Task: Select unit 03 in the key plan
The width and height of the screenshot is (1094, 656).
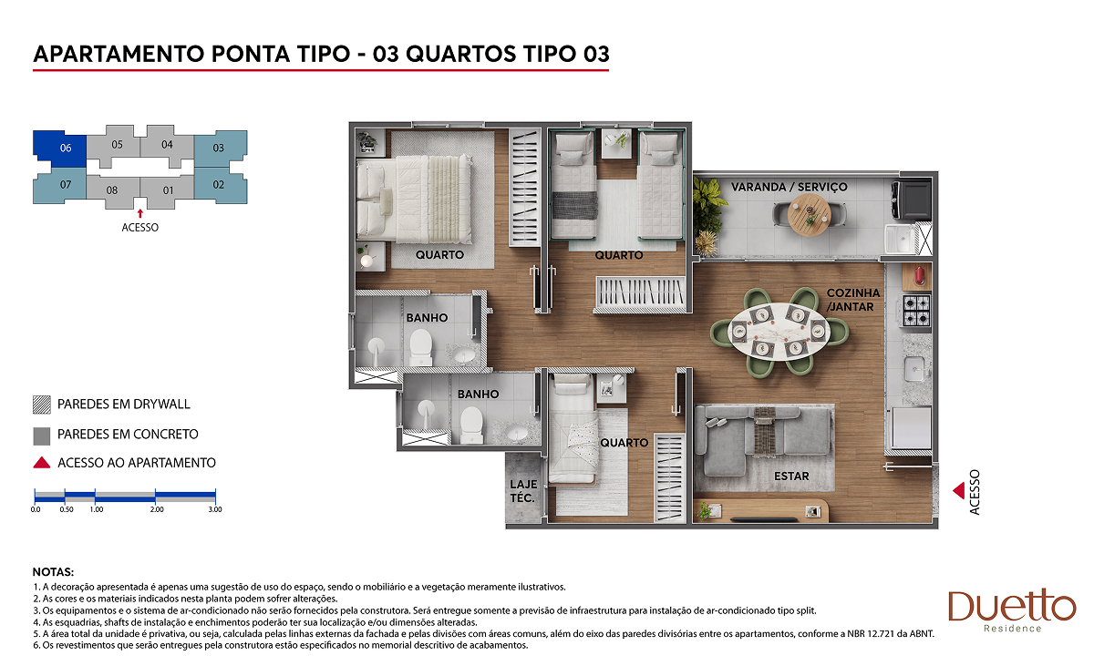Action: click(221, 148)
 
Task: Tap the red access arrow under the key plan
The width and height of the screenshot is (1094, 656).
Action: click(140, 213)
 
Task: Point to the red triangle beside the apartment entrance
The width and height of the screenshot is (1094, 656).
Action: click(959, 490)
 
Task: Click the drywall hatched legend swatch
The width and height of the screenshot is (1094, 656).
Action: click(42, 405)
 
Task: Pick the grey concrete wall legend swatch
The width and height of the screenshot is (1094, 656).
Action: click(42, 436)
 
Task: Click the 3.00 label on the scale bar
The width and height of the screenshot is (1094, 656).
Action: click(215, 509)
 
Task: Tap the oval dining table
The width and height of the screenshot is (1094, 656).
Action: click(779, 331)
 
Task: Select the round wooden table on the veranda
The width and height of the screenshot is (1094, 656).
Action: click(809, 215)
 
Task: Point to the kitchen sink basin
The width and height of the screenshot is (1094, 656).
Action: click(913, 368)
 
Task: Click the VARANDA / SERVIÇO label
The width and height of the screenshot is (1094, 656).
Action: click(789, 187)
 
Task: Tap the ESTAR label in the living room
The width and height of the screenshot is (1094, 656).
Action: click(791, 476)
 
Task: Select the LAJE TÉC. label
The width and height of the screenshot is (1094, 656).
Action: click(523, 491)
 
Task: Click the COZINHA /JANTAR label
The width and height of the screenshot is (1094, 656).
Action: click(852, 300)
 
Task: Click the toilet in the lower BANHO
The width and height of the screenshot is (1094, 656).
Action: click(472, 425)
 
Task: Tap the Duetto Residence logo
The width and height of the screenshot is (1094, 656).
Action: click(1011, 610)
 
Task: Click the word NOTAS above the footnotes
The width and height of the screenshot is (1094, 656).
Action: click(53, 572)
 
